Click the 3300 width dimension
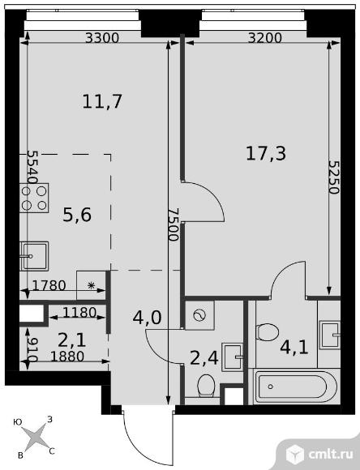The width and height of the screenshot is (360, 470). tap(101, 37)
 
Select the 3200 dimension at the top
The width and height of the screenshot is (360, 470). tap(264, 37)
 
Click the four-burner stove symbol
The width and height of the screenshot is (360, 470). tap(34, 196)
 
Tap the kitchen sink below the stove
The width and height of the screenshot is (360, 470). tap(35, 255)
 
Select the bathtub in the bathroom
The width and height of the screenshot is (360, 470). tap(294, 387)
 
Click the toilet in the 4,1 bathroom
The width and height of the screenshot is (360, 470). tap(268, 332)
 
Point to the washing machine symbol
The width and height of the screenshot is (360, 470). tap(199, 314)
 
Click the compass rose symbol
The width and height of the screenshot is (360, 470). tap(33, 438)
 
